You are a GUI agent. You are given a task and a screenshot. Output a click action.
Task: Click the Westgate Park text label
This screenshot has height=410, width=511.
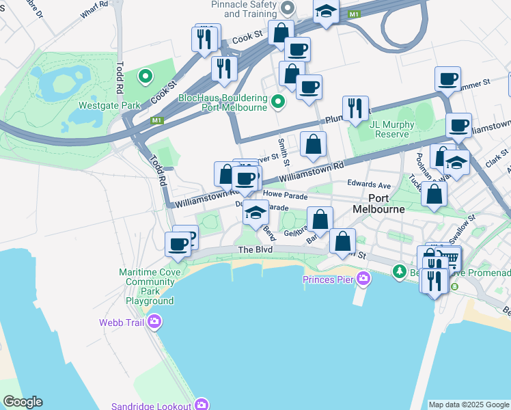(x=109, y=105)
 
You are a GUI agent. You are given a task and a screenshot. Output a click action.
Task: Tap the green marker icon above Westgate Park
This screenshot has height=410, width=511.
(x=145, y=77)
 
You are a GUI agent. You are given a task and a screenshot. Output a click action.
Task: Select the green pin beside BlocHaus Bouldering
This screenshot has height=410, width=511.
(x=277, y=102)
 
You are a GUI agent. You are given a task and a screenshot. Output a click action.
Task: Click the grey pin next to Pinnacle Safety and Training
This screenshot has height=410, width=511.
(x=288, y=9)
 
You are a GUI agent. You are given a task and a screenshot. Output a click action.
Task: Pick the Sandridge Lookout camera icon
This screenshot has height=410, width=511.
(x=201, y=405)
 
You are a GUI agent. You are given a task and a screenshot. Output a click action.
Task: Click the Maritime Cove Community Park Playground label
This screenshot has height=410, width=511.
(x=149, y=286)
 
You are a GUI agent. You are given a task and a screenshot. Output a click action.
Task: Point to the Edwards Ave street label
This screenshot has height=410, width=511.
(x=368, y=184)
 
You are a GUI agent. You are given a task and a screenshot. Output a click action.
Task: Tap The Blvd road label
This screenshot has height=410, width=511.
(x=255, y=250)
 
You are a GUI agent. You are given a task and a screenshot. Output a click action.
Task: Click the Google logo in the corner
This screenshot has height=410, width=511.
(x=23, y=402)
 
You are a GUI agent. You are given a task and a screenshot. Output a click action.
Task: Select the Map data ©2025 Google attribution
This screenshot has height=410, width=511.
(x=469, y=405)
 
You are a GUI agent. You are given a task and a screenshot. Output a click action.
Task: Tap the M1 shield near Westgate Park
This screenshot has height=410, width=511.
(x=157, y=121)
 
